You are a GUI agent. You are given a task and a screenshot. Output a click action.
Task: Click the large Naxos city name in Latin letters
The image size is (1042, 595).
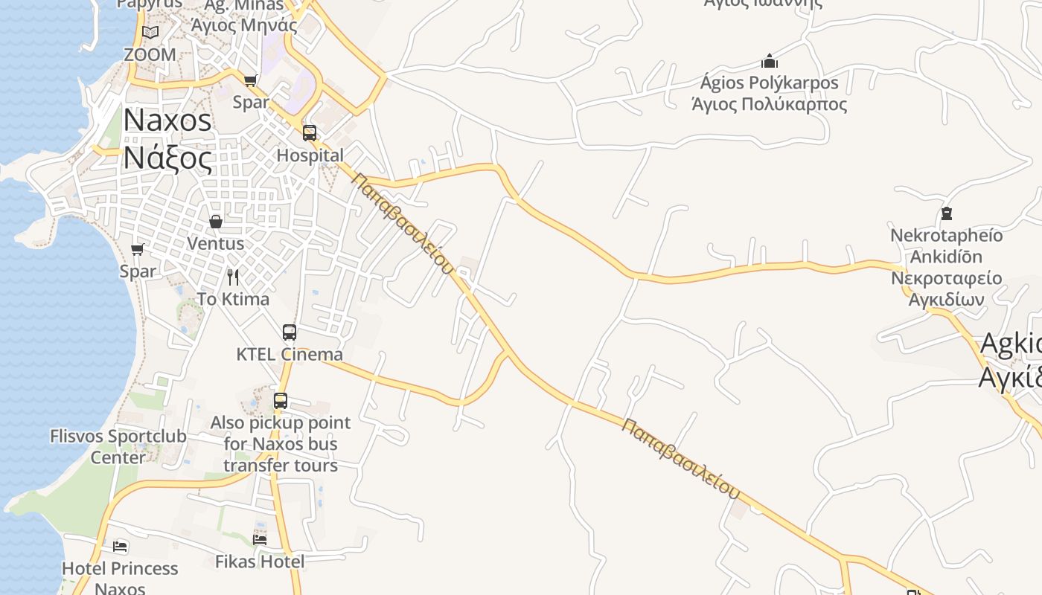point(167,120)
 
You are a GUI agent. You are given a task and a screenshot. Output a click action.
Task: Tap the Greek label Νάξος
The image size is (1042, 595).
point(167,158)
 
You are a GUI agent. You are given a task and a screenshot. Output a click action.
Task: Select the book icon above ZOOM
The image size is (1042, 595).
point(150,32)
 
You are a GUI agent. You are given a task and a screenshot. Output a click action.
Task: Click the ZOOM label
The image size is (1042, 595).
point(150,55)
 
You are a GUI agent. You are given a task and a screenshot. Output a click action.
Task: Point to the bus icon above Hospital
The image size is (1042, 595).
point(310,133)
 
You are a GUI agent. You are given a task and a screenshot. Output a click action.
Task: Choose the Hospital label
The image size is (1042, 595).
point(310,155)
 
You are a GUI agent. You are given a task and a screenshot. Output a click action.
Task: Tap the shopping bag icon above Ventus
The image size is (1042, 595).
point(216,222)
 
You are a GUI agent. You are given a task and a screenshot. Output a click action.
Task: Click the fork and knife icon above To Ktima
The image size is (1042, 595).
point(233,277)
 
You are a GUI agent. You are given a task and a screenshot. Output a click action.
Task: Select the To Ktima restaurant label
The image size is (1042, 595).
point(233,299)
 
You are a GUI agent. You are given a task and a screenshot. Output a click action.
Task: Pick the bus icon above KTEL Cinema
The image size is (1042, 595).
point(290,332)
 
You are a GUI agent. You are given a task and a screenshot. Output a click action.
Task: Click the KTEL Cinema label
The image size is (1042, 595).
point(290,355)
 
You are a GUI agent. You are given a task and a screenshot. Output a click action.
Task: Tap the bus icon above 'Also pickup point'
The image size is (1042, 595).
point(281,401)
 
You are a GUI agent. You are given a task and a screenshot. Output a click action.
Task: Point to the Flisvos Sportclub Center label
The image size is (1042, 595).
point(118,446)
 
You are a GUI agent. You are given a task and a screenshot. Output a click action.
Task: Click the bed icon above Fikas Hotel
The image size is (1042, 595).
point(260,539)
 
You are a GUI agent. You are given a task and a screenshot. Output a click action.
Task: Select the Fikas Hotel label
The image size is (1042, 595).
point(260,562)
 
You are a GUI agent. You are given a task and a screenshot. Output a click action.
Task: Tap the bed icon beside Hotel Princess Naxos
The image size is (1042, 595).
point(120,547)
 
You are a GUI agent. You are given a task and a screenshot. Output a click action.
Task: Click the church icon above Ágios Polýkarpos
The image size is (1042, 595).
point(770,61)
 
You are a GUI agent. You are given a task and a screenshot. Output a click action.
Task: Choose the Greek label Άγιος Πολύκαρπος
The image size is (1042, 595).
point(770,104)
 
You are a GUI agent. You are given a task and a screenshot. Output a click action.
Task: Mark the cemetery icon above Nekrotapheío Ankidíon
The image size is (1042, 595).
point(947,214)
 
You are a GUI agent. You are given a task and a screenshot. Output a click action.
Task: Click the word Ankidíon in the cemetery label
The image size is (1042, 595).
point(947,257)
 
